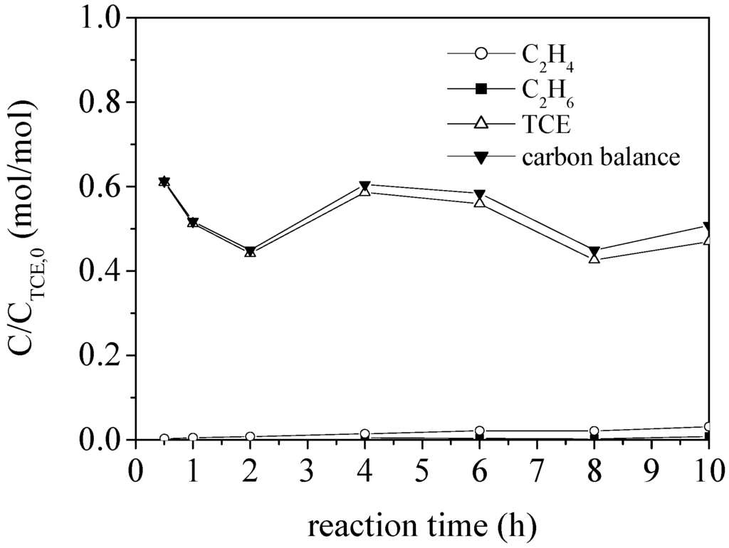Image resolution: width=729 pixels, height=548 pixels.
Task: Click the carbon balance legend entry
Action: (x=601, y=157)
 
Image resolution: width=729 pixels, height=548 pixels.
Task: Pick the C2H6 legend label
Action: (x=548, y=90)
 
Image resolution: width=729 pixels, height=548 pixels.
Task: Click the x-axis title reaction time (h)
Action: (x=421, y=527)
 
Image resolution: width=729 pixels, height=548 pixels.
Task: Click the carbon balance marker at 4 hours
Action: (x=365, y=186)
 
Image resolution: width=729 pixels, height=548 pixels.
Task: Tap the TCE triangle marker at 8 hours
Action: (x=594, y=258)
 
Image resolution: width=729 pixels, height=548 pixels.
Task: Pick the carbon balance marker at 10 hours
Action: (x=708, y=226)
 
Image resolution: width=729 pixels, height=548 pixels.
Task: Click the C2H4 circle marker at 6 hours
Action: (x=480, y=431)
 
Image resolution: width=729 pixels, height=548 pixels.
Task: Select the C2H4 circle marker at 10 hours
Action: (x=708, y=427)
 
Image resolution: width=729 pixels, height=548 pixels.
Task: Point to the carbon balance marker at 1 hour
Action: (x=192, y=222)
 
